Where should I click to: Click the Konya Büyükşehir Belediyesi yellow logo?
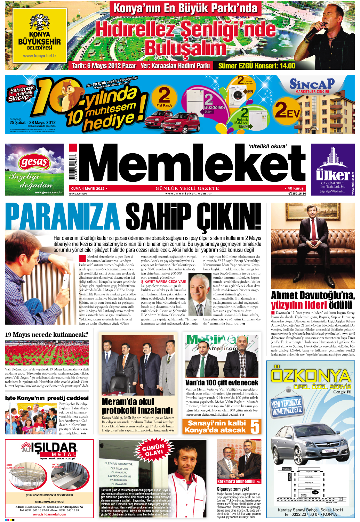39,36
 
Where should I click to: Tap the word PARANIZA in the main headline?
62,217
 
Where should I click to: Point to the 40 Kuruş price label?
295,188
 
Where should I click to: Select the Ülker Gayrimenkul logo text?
333,175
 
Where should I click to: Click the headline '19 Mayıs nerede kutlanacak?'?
47,335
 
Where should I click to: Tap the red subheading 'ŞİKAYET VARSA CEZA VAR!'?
163,282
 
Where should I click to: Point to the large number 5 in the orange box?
255,427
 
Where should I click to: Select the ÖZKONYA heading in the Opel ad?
311,376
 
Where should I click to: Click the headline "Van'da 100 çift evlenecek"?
222,383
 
